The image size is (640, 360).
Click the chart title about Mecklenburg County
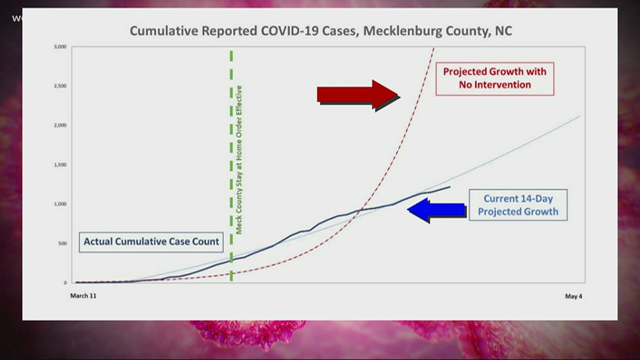[321, 31]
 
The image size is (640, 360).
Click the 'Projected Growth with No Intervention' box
[495, 79]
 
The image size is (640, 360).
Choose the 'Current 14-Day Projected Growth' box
[518, 204]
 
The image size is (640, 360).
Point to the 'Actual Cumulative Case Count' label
[152, 242]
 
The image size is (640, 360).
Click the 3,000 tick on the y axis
[60, 47]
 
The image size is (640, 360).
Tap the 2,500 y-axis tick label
[60, 86]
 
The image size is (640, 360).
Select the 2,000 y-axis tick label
[60, 125]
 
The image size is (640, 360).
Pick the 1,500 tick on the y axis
[60, 165]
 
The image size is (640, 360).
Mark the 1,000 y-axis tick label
[60, 204]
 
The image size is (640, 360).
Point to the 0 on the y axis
[65, 282]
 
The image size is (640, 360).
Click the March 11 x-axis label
[83, 296]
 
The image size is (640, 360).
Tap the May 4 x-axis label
[573, 296]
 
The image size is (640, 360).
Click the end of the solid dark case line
[449, 187]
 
